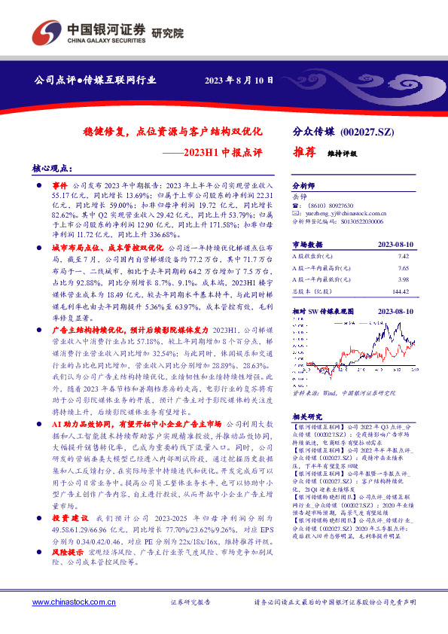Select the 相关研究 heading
[306, 415]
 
